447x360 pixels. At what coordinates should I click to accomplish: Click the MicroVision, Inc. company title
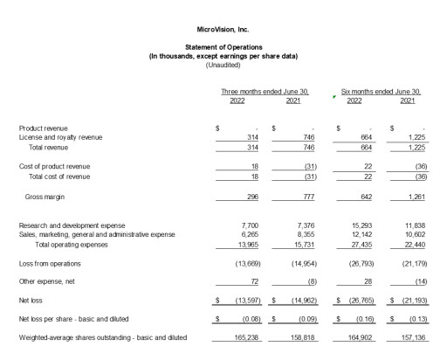(223, 31)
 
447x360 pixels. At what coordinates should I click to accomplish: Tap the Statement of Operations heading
(223, 46)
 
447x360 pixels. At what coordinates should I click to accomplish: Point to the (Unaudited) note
(223, 65)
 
